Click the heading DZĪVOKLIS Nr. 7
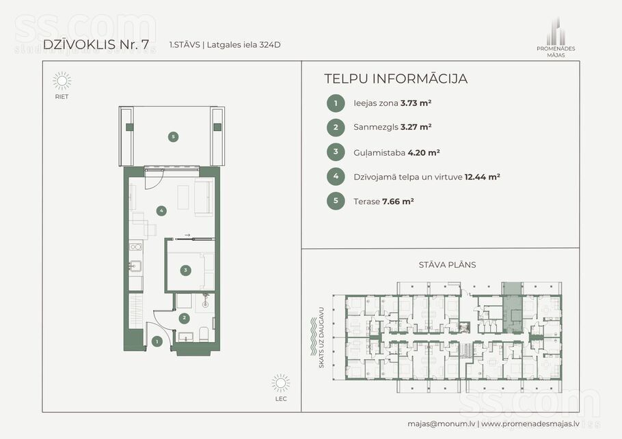99,44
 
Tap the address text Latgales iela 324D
243,45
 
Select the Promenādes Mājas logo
556,38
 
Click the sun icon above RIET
62,81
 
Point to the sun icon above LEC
281,383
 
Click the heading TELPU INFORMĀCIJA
396,79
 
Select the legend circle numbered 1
336,103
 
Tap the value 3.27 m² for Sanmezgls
416,127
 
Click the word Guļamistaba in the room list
379,153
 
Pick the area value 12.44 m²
482,177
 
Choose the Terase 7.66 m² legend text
383,201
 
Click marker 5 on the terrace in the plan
173,137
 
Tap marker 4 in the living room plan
161,210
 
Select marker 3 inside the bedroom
185,270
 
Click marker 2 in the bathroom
184,317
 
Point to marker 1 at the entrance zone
157,341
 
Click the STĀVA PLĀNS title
447,265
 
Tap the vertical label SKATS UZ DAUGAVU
321,337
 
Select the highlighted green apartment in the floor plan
512,307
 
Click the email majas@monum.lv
441,423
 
